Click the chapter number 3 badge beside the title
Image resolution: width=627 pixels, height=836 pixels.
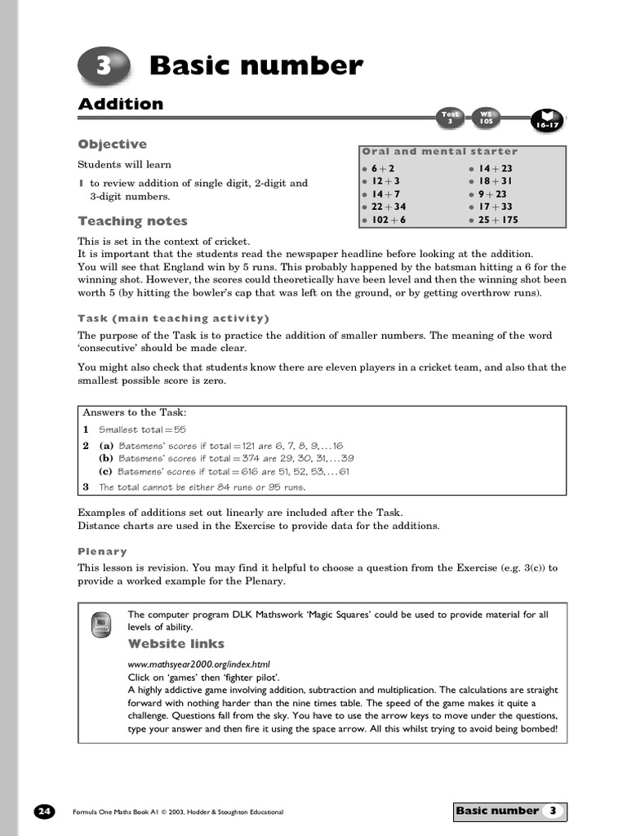[104, 67]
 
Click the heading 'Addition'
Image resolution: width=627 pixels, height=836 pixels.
[120, 104]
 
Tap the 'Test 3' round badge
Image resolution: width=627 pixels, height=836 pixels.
[451, 118]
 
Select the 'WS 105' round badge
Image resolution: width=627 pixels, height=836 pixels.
[487, 118]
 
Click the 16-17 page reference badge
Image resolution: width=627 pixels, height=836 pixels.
[545, 122]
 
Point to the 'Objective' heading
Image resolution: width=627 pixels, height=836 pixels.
[112, 145]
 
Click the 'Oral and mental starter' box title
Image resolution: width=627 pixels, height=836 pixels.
[439, 151]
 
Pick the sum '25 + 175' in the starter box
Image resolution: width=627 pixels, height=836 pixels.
[498, 220]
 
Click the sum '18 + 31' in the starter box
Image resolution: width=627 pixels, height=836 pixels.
[496, 181]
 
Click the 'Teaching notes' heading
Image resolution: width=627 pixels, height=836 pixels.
[132, 221]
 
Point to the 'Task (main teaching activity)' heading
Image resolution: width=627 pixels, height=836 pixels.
[173, 318]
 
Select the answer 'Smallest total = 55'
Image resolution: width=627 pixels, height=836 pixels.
[142, 429]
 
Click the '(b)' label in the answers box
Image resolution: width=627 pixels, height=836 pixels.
[106, 459]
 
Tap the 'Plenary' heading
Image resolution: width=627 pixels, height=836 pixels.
[102, 551]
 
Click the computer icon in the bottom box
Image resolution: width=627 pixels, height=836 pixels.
[102, 625]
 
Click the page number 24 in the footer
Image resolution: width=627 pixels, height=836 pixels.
[44, 812]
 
